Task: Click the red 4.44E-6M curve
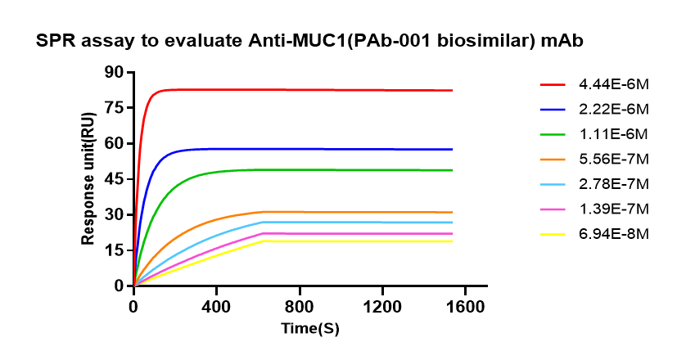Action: coord(327,89)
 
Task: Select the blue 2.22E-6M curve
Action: coord(327,149)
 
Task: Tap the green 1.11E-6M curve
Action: coord(327,169)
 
